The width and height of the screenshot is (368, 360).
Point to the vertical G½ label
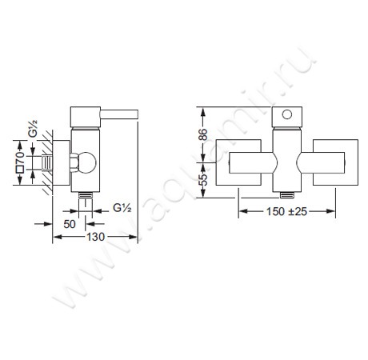(33, 130)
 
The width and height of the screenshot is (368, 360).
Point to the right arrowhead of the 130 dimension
(133, 238)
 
